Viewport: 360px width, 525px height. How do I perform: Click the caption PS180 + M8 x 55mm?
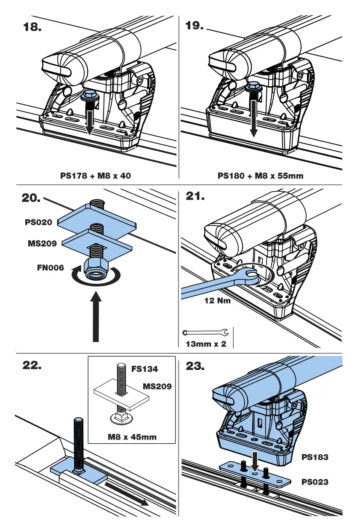click(x=260, y=176)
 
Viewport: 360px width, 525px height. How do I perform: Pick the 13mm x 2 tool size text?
click(x=206, y=344)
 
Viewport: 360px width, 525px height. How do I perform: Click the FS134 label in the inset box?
click(x=144, y=369)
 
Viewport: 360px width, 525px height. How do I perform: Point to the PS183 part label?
click(x=315, y=456)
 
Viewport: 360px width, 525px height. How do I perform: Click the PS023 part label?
click(x=315, y=482)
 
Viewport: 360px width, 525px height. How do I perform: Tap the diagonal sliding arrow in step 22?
click(x=126, y=493)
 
